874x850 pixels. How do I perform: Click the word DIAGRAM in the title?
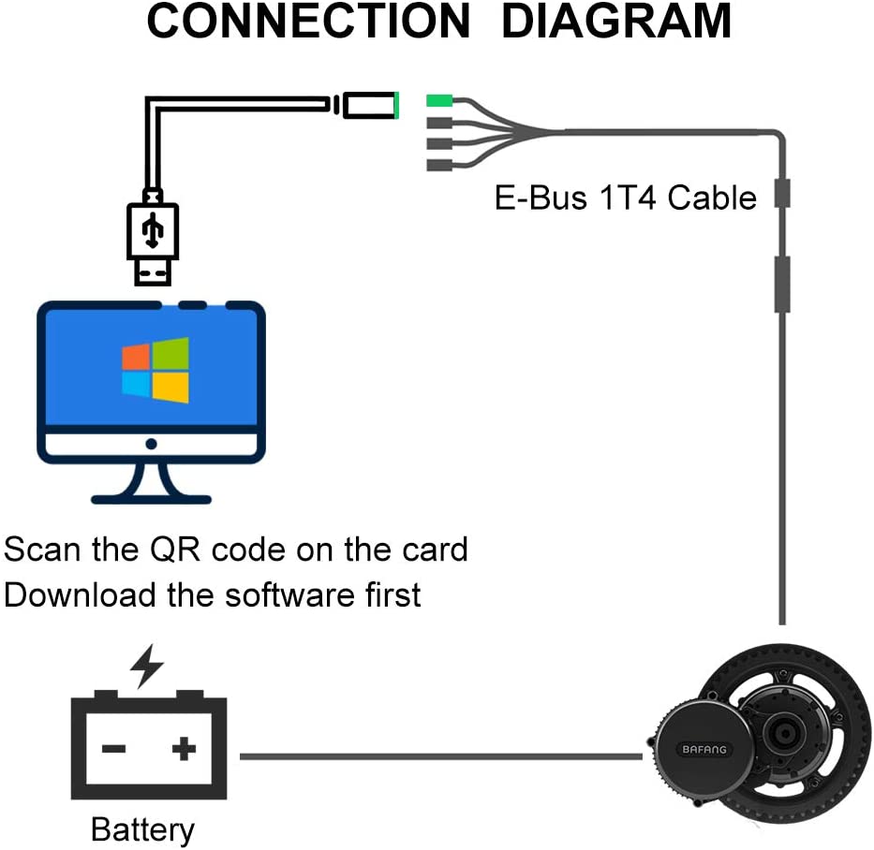pyautogui.click(x=616, y=22)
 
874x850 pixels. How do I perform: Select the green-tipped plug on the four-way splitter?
pyautogui.click(x=439, y=100)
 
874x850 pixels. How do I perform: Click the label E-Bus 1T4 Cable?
pyautogui.click(x=625, y=198)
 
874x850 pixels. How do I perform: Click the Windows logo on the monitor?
pyautogui.click(x=156, y=371)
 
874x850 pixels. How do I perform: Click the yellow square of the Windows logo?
pyautogui.click(x=171, y=388)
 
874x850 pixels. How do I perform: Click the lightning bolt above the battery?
pyautogui.click(x=146, y=666)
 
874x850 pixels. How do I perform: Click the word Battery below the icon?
pyautogui.click(x=142, y=829)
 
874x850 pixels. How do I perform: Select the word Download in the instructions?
pyautogui.click(x=81, y=594)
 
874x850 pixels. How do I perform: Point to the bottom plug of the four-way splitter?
pyautogui.click(x=439, y=165)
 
